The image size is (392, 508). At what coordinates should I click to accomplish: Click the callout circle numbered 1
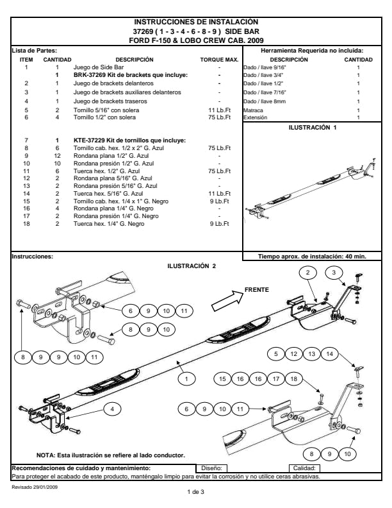[x=186, y=380]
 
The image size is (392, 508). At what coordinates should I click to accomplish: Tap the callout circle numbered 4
[x=112, y=409]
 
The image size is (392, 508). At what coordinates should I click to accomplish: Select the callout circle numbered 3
[x=334, y=273]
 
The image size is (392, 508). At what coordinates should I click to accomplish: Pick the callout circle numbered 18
[x=294, y=380]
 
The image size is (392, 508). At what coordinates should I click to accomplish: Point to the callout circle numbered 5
[x=276, y=353]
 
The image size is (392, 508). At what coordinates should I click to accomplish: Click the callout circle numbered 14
[x=329, y=353]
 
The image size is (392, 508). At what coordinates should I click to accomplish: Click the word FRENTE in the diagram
[x=257, y=290]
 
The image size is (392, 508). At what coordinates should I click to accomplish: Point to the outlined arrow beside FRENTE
[x=226, y=298]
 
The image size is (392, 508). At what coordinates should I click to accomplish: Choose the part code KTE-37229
[x=90, y=140]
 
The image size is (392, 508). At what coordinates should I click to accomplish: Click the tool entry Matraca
[x=253, y=111]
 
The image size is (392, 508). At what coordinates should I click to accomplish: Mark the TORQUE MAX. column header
[x=219, y=60]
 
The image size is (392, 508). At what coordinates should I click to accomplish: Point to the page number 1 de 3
[x=195, y=492]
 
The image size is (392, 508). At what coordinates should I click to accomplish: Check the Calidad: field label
[x=302, y=468]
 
